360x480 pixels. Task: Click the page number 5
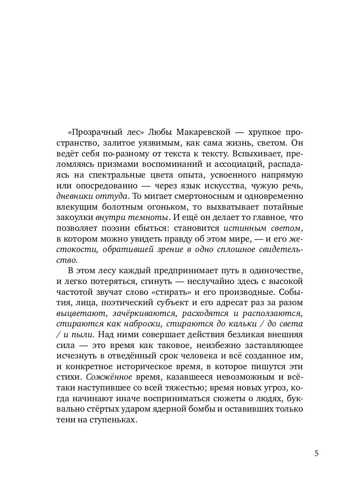[x=316, y=454]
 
